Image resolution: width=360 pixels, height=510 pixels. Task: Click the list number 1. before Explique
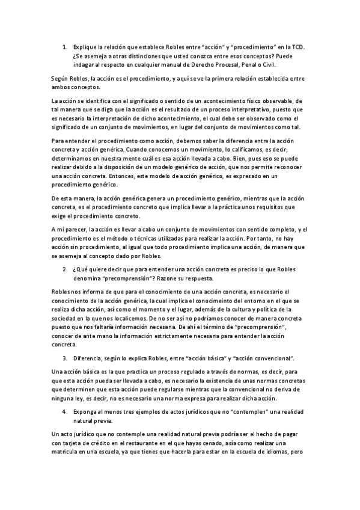point(66,46)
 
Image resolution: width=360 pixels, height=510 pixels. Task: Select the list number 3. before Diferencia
point(66,358)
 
